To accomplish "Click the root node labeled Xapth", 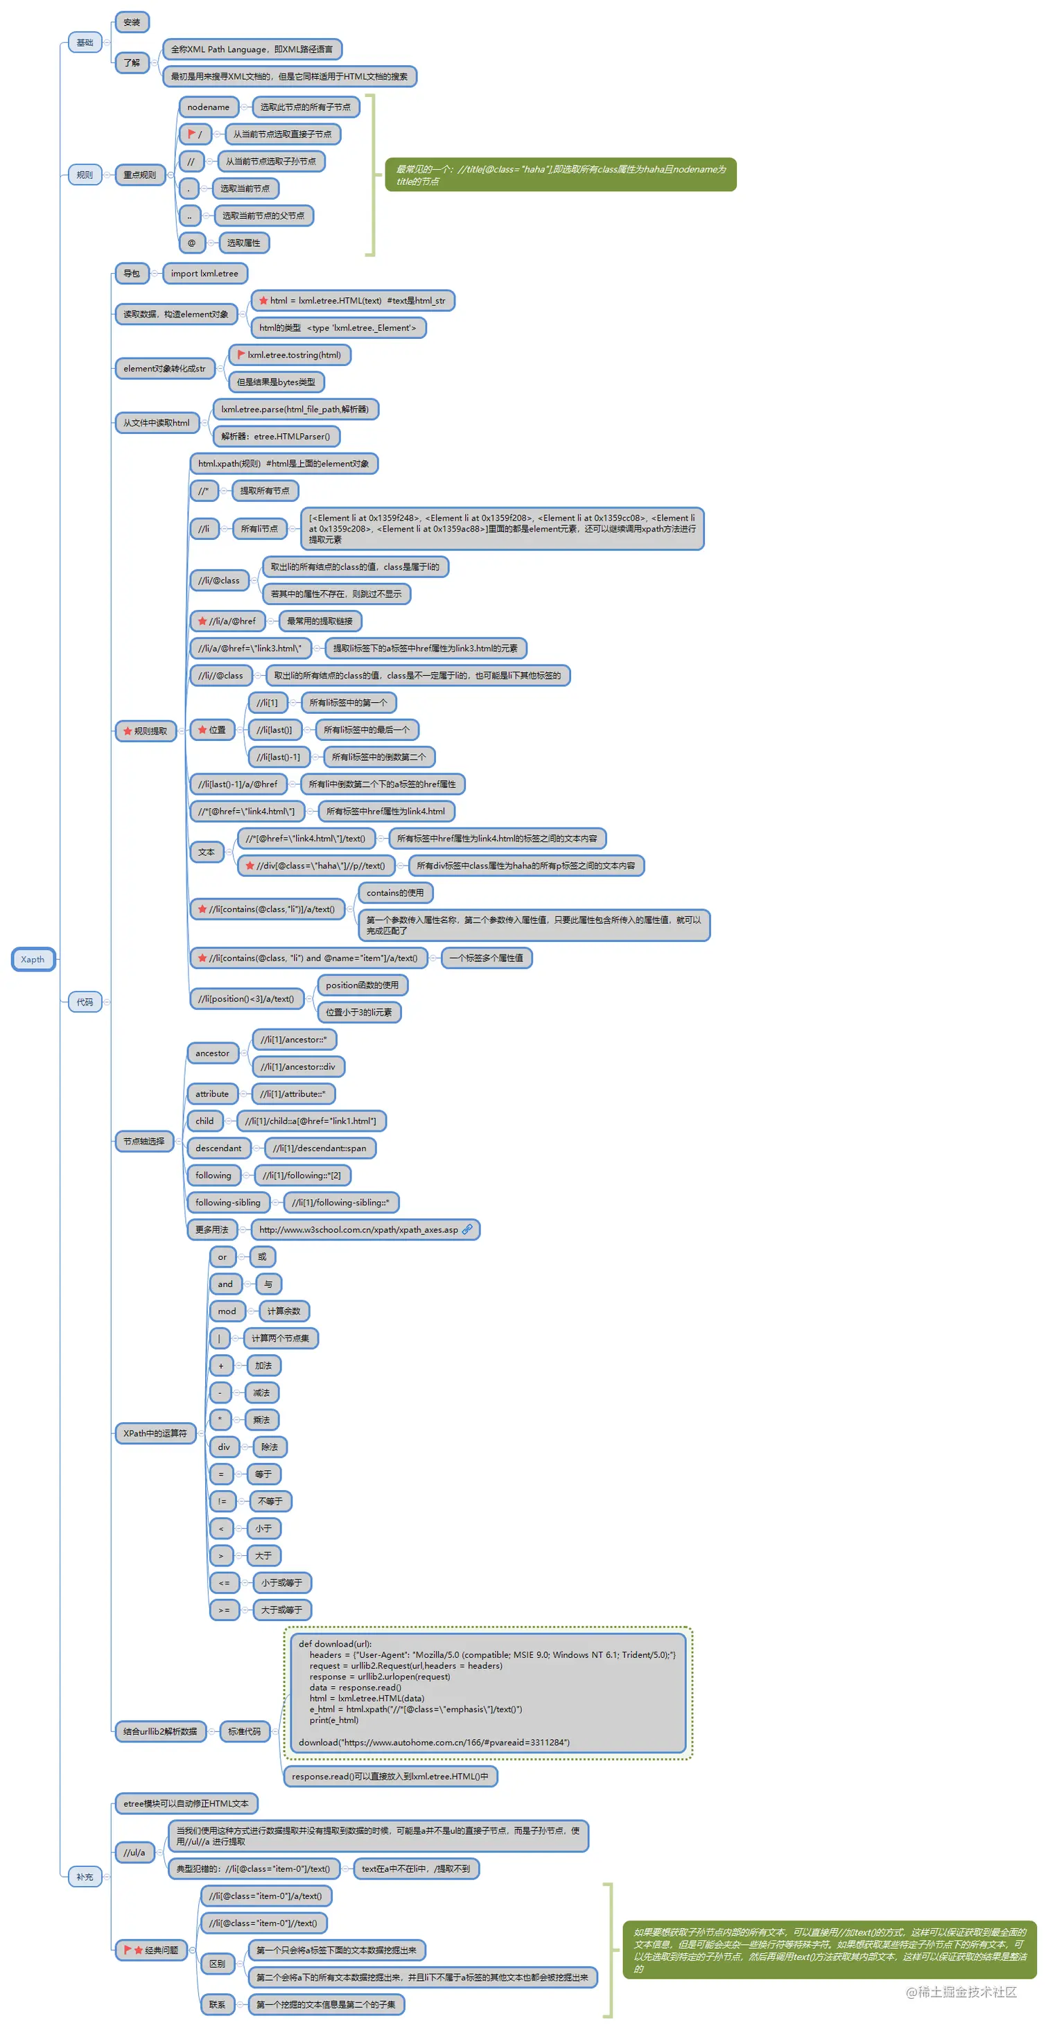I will [x=33, y=959].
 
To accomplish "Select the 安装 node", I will [x=132, y=22].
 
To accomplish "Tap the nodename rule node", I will [x=208, y=107].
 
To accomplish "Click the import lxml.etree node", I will [x=204, y=274].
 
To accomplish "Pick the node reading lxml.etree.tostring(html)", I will [x=289, y=355].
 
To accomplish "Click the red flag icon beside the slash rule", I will [x=191, y=134].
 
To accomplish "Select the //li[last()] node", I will [x=273, y=730].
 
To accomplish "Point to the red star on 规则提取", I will [x=128, y=731].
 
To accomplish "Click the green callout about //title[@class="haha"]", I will [x=560, y=175].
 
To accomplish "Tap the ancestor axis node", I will [x=212, y=1053].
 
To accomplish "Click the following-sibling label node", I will [x=228, y=1202].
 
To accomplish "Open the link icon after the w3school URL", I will [x=467, y=1230].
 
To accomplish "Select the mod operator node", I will [x=227, y=1311].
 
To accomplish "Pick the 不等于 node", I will [x=270, y=1501].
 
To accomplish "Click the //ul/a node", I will [x=134, y=1853].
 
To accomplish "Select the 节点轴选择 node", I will [x=144, y=1141].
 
